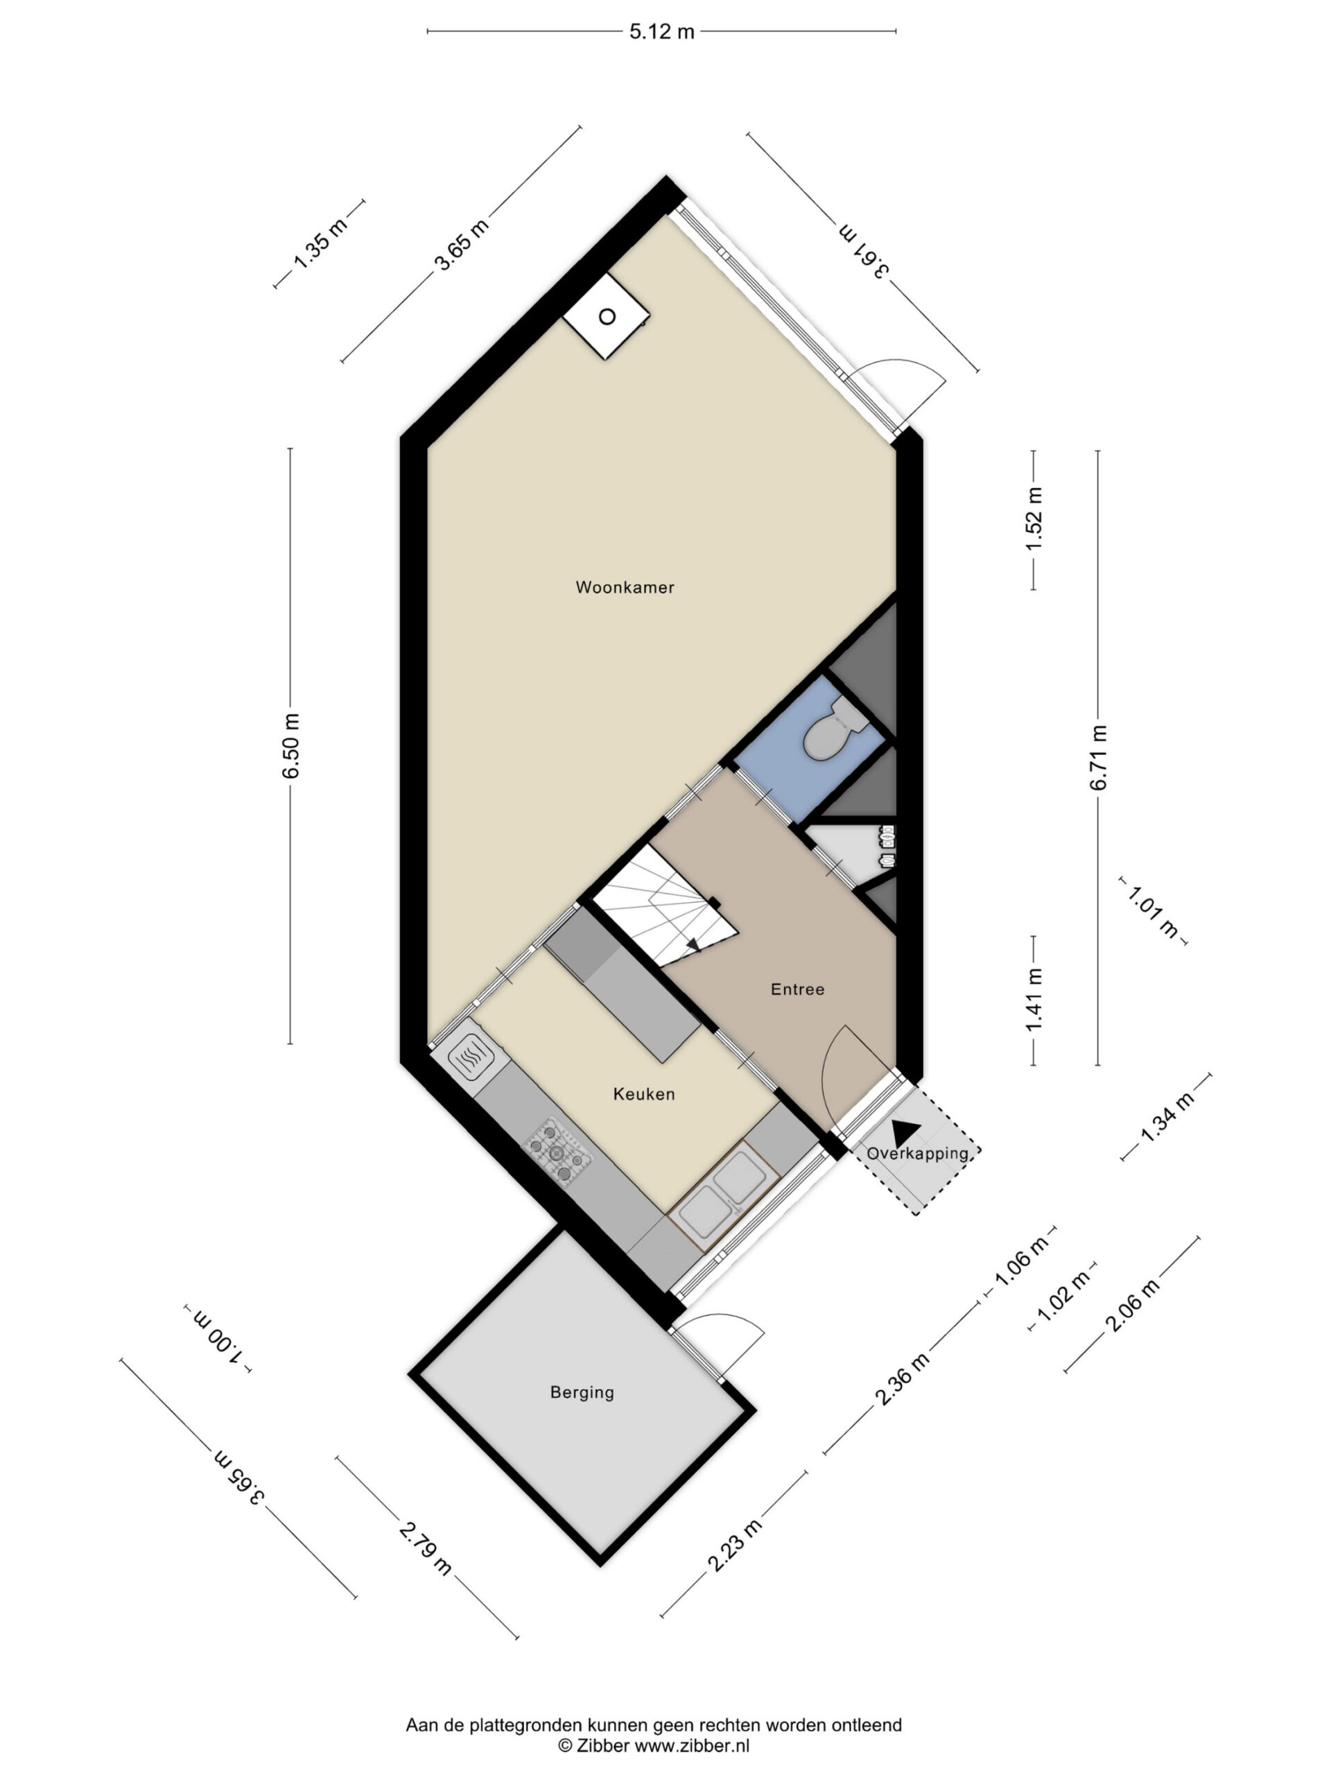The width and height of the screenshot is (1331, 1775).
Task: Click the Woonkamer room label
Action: (x=625, y=587)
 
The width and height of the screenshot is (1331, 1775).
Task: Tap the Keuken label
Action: (x=643, y=1093)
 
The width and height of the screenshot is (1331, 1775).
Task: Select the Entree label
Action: (x=797, y=989)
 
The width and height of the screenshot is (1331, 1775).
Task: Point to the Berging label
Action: (x=582, y=1392)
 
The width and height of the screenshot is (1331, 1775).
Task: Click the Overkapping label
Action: (x=918, y=1154)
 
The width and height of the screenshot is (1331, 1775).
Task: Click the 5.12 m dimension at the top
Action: (x=661, y=31)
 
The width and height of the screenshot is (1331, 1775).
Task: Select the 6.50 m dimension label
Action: (x=290, y=745)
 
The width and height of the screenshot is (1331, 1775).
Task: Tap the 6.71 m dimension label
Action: (x=1098, y=758)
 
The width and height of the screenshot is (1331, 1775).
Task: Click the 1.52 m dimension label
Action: (x=1034, y=519)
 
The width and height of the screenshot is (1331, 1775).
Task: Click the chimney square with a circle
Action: (x=607, y=316)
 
